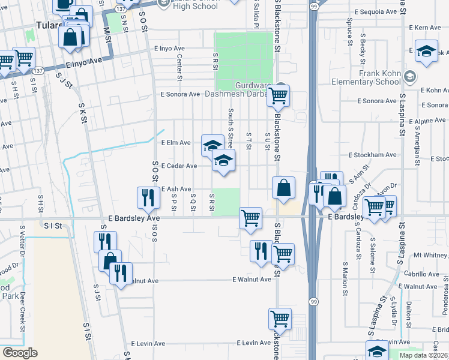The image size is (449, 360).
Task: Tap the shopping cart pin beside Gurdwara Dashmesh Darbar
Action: (278, 95)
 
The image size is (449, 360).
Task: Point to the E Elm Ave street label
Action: (176, 143)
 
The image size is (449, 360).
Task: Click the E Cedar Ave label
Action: (179, 166)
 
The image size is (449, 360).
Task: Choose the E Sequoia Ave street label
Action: (376, 11)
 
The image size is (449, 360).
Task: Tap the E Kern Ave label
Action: (424, 28)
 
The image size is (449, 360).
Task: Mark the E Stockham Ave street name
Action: (373, 154)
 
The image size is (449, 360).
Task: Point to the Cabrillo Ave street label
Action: (421, 274)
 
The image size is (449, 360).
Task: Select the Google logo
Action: (20, 352)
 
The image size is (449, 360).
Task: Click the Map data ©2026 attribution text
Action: (423, 355)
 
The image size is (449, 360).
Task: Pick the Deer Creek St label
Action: (22, 312)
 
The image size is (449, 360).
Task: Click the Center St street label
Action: (179, 67)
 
